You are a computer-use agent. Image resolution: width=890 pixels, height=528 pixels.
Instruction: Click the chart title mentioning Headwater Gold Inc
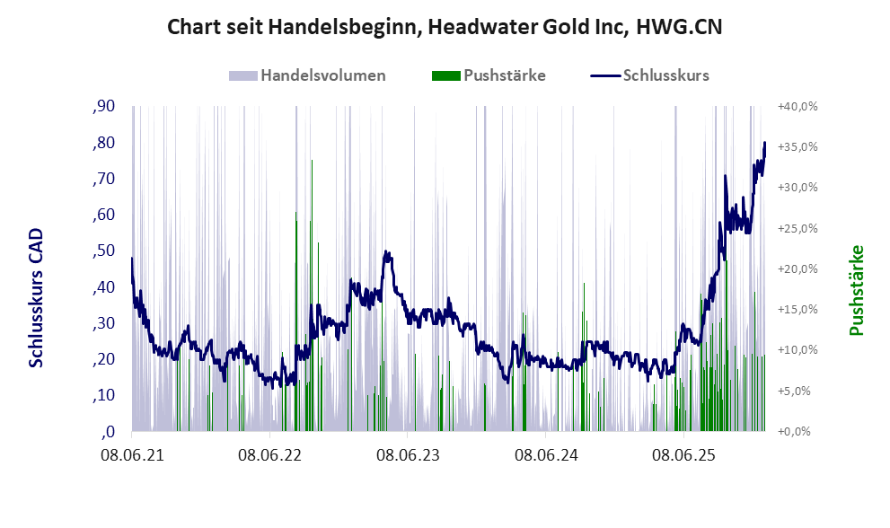[445, 28]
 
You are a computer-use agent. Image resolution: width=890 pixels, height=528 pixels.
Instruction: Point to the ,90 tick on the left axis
[104, 107]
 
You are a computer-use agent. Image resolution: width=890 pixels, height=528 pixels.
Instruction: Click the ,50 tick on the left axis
[104, 251]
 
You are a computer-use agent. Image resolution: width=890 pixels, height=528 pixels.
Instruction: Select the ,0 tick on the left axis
[108, 431]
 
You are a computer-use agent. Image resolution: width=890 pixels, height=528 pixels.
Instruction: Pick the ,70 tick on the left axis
[104, 179]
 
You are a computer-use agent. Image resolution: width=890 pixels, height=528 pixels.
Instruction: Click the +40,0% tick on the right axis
[797, 106]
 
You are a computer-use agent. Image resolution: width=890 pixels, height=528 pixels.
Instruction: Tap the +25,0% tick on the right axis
[797, 228]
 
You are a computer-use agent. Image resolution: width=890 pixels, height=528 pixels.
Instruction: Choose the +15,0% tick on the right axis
[797, 309]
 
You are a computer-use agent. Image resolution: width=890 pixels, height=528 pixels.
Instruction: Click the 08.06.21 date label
[131, 455]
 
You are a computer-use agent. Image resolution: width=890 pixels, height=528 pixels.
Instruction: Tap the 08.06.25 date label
[683, 455]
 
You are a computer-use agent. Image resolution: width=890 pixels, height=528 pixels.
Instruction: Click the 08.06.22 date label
[269, 455]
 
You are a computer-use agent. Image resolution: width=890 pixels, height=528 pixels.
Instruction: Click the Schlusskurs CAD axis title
[36, 297]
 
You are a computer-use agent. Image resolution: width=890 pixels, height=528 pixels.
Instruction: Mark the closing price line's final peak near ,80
[764, 143]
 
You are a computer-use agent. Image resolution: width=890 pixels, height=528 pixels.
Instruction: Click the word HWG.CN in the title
[679, 28]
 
